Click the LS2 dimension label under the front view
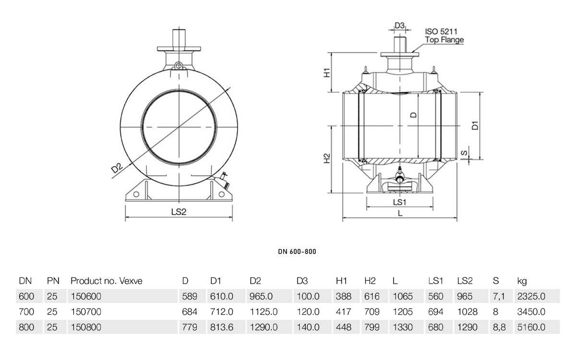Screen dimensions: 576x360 pyautogui.click(x=179, y=212)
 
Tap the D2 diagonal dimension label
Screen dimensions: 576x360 pyautogui.click(x=117, y=168)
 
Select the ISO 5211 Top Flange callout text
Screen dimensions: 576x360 pyautogui.click(x=444, y=36)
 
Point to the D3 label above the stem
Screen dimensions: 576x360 pyautogui.click(x=399, y=25)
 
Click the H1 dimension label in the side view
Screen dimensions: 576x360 pyautogui.click(x=326, y=72)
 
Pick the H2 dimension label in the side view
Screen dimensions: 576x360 pyautogui.click(x=326, y=158)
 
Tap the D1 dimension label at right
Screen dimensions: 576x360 pyautogui.click(x=475, y=125)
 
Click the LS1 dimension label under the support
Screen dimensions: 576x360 pyautogui.click(x=399, y=203)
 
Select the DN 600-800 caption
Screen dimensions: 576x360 pyautogui.click(x=297, y=252)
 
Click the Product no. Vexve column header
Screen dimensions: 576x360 pyautogui.click(x=107, y=281)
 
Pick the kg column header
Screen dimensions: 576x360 pyautogui.click(x=522, y=281)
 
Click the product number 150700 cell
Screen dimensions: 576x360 pyautogui.click(x=86, y=312)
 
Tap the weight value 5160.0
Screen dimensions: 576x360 pyautogui.click(x=531, y=327)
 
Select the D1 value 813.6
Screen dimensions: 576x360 pyautogui.click(x=222, y=327)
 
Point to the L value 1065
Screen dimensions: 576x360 pyautogui.click(x=403, y=296)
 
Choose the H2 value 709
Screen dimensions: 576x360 pyautogui.click(x=372, y=312)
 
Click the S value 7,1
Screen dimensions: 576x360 pyautogui.click(x=499, y=297)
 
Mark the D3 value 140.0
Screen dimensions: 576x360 pyautogui.click(x=308, y=327)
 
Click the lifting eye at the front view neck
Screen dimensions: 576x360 pyautogui.click(x=179, y=66)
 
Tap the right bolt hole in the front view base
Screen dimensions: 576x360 pyautogui.click(x=221, y=194)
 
